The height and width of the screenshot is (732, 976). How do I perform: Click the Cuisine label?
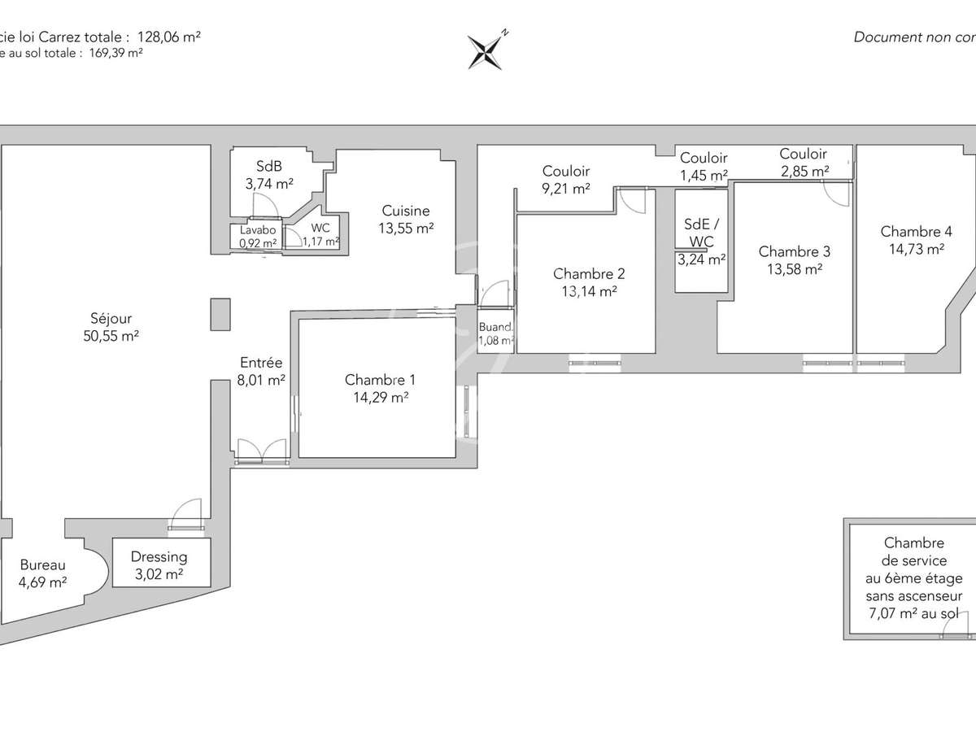pyautogui.click(x=405, y=211)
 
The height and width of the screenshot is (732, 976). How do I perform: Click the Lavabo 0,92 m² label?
pyautogui.click(x=257, y=236)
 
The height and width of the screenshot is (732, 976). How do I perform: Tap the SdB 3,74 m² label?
pyautogui.click(x=269, y=173)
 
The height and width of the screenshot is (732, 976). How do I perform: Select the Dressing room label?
pyautogui.click(x=159, y=557)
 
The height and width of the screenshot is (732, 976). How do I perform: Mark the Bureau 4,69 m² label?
pyautogui.click(x=43, y=573)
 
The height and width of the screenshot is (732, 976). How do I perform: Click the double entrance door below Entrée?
pyautogui.click(x=262, y=451)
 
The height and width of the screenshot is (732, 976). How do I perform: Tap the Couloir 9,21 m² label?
pyautogui.click(x=566, y=181)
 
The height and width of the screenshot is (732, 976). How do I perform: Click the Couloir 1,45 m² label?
pyautogui.click(x=704, y=167)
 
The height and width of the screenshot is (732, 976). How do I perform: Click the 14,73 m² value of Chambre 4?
pyautogui.click(x=912, y=250)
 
